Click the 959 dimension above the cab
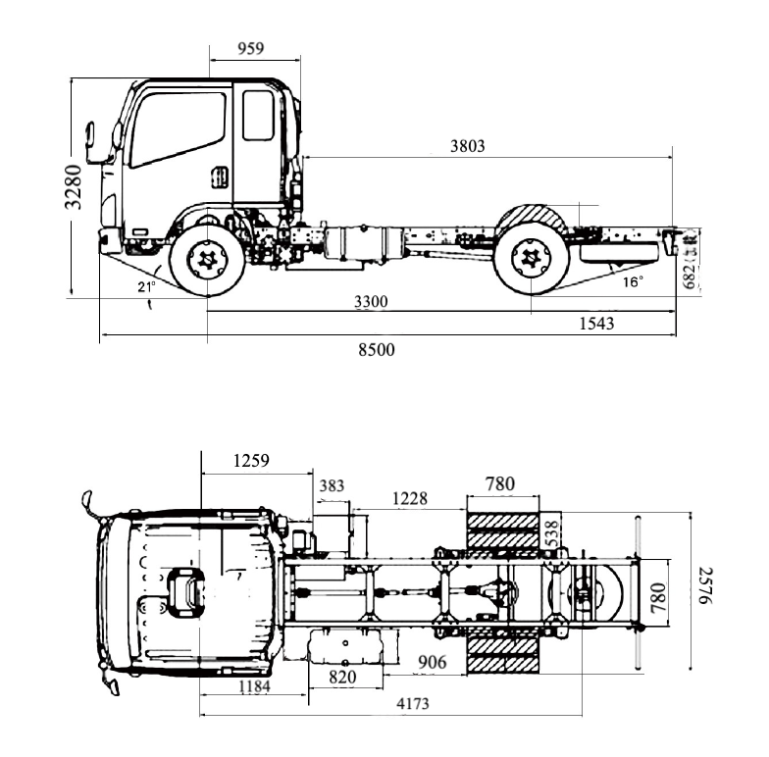(251, 47)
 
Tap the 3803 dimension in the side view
(467, 146)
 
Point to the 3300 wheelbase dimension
(371, 302)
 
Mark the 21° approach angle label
(146, 286)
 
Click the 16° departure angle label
(634, 282)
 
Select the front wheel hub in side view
(207, 259)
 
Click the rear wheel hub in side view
(531, 259)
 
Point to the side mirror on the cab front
(90, 142)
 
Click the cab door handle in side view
(221, 177)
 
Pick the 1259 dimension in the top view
(251, 460)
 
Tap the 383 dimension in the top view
(333, 484)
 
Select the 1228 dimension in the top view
(409, 498)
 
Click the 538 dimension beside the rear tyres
(551, 534)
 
